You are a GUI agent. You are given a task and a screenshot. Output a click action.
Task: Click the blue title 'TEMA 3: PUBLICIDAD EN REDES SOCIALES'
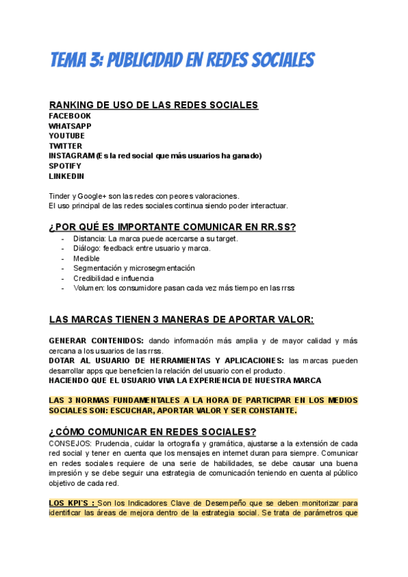click(182, 60)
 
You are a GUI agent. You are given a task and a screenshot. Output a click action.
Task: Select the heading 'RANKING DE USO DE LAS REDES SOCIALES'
click(153, 105)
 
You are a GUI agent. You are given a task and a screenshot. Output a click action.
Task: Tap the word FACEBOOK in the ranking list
click(69, 116)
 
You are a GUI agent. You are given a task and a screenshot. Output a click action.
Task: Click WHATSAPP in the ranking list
click(70, 126)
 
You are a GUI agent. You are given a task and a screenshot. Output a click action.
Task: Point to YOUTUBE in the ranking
click(67, 136)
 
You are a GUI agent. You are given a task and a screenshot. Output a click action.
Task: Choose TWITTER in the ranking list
click(65, 146)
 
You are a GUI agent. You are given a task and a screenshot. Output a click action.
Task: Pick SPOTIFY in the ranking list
click(65, 166)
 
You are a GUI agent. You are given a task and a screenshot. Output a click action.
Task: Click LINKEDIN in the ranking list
click(67, 176)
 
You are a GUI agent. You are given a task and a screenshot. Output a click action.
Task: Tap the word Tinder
click(59, 195)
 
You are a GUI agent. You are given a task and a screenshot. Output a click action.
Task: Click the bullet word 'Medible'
click(86, 259)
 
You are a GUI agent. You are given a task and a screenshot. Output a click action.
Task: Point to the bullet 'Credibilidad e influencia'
click(113, 278)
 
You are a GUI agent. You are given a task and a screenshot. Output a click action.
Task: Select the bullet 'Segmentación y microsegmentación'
click(129, 268)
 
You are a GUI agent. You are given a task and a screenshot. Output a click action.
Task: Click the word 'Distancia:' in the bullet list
click(90, 239)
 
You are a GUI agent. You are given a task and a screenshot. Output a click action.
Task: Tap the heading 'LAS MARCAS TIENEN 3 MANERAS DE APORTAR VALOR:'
click(182, 320)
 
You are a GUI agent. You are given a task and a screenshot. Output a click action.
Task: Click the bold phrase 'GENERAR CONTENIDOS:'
click(96, 340)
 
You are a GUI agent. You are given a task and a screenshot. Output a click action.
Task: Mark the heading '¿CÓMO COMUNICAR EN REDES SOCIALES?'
click(152, 431)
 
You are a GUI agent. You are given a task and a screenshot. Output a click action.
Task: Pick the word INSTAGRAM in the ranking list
click(71, 156)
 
